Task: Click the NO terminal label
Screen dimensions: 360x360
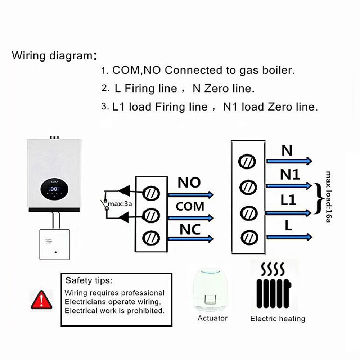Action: point(189,183)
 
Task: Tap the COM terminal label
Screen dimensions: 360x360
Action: point(190,207)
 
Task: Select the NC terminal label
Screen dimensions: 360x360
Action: point(190,229)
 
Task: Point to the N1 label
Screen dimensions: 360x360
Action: point(290,175)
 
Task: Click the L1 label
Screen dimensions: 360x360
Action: point(288,200)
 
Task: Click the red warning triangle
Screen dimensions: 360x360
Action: point(41,300)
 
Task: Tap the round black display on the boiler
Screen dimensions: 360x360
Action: point(54,189)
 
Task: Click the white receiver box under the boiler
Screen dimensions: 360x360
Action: point(55,244)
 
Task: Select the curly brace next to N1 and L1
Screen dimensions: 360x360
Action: point(317,198)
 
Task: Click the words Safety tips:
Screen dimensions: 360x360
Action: point(89,280)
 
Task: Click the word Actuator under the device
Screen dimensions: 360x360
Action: point(212,318)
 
